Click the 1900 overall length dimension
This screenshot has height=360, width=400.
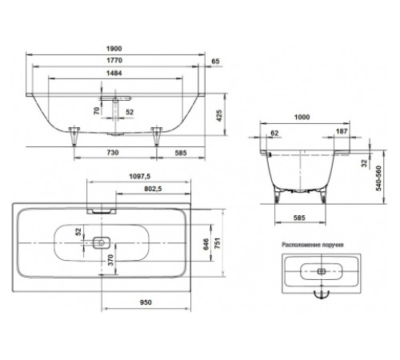coord(114,49)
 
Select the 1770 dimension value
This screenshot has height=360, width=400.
coord(114,60)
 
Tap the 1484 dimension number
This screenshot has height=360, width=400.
coord(114,73)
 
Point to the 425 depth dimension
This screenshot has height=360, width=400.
coord(219,115)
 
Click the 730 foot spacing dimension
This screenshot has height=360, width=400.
coord(113,153)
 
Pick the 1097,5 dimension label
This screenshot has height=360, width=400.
coord(140,176)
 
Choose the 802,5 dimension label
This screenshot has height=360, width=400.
coord(153,189)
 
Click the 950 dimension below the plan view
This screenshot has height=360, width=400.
coord(146,302)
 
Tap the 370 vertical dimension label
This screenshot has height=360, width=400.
coord(110,260)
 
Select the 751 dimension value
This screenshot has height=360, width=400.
coord(218,243)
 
